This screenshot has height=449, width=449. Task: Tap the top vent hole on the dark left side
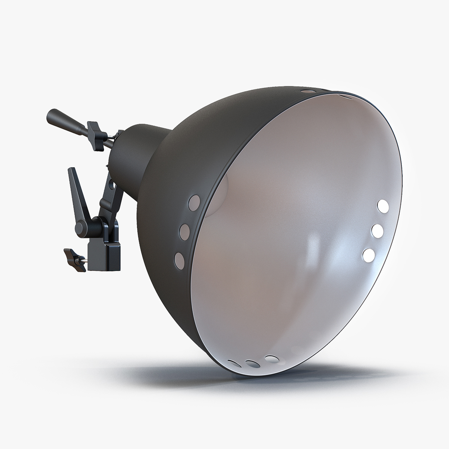[x=194, y=202]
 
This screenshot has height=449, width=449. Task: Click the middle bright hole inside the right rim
[x=377, y=230]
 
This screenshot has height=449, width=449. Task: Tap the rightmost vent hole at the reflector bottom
[x=271, y=358]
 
